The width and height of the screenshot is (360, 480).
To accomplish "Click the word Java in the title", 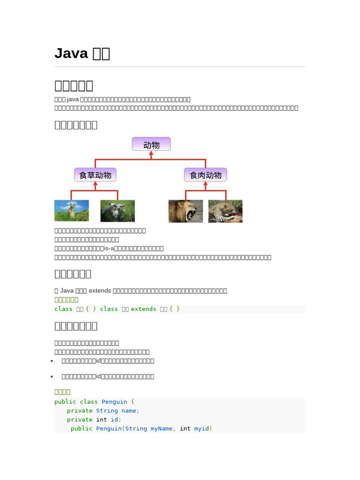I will point(71,53).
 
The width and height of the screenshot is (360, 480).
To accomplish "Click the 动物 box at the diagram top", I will point(151,144).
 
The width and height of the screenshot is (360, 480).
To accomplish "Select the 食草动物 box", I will point(95,175).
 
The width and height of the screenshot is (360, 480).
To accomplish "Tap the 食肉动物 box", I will point(205,175).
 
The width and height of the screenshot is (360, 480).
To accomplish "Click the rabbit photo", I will point(72,211).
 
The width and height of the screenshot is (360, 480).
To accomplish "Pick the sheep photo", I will point(118,211).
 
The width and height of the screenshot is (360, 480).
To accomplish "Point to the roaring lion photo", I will point(186,211).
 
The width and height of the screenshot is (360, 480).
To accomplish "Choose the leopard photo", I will point(225,211).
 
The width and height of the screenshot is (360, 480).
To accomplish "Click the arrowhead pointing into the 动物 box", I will point(151,154).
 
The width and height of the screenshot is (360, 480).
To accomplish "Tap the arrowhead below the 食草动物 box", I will point(95,184).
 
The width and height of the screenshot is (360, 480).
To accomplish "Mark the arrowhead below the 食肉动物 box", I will point(205,184).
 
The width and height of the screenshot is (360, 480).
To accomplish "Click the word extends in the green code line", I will point(143,309).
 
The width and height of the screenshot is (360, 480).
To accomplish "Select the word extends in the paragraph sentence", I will point(100,291).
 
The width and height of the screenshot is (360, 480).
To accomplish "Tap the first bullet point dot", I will point(52,361).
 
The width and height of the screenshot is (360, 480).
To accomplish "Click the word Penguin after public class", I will point(114,402).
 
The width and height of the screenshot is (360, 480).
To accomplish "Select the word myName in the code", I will point(161,428).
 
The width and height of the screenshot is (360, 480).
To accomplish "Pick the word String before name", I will point(107,411).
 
